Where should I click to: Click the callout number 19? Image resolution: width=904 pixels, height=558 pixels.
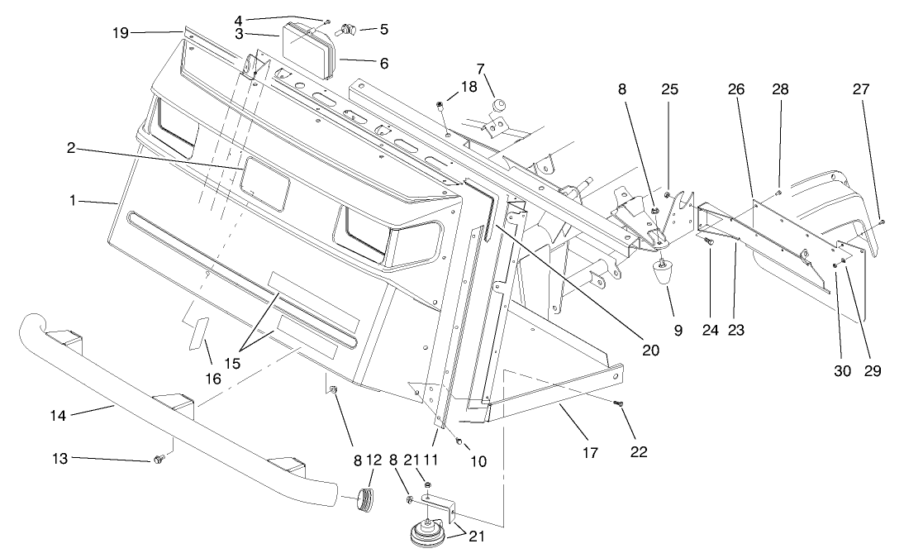click(121, 32)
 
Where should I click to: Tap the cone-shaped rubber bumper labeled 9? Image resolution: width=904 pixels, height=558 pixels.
click(664, 274)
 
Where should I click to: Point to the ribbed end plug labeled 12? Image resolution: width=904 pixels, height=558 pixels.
click(364, 500)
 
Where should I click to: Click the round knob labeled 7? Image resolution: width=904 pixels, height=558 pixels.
click(499, 104)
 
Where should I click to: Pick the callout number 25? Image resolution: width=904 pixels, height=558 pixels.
click(669, 89)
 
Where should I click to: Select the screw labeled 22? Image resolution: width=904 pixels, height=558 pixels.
click(619, 403)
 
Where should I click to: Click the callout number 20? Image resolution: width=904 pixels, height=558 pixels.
click(650, 350)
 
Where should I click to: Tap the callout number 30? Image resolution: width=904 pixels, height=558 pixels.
click(842, 371)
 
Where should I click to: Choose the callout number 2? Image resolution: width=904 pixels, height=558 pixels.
click(73, 148)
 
